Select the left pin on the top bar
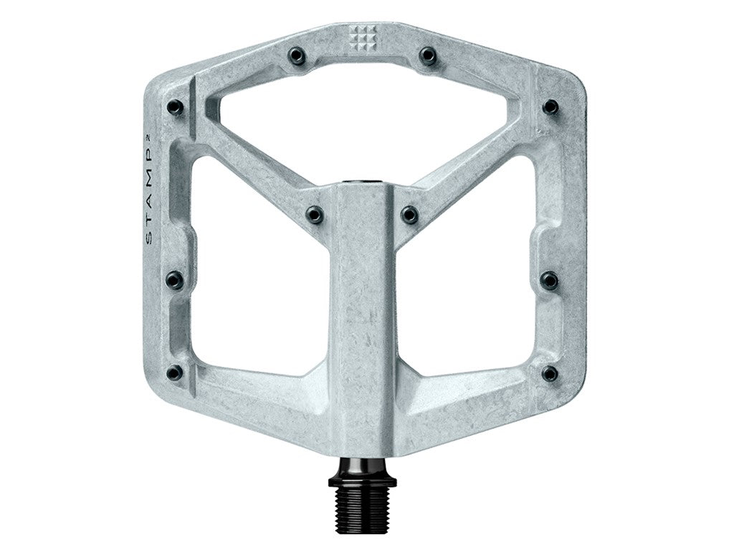click(x=297, y=55)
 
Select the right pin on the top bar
click(x=428, y=55)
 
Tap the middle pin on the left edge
click(x=175, y=280)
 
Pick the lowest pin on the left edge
click(x=175, y=372)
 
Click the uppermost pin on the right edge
click(x=550, y=107)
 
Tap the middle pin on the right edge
click(x=550, y=280)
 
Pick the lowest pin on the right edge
click(x=550, y=373)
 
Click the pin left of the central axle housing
click(x=315, y=213)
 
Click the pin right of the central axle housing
click(x=409, y=213)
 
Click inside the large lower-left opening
click(x=258, y=286)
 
